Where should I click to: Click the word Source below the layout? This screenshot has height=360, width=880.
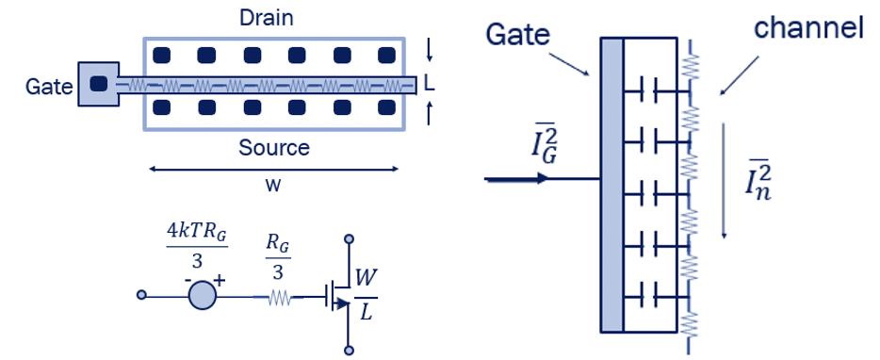click(x=273, y=148)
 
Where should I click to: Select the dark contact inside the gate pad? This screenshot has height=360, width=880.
click(x=98, y=84)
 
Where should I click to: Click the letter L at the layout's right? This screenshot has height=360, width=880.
click(x=430, y=85)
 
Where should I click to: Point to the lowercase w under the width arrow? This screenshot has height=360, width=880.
click(x=273, y=185)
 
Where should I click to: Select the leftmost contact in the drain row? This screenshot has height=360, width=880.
click(x=161, y=55)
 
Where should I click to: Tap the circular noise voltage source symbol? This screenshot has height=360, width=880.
click(x=202, y=294)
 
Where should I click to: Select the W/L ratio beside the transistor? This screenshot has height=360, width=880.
click(x=365, y=294)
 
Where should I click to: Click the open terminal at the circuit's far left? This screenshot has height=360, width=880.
click(x=141, y=295)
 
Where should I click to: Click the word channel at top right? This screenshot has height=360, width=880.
click(x=809, y=29)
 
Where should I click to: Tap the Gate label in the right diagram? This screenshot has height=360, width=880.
click(x=516, y=35)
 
